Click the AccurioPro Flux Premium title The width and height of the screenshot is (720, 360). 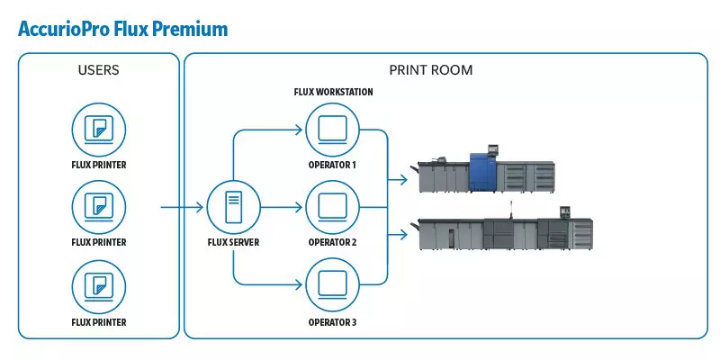click(122, 29)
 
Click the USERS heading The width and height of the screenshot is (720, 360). click(98, 69)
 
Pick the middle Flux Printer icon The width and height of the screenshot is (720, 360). click(98, 208)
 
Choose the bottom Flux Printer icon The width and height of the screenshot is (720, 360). click(98, 285)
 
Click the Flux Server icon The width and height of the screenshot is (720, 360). click(233, 208)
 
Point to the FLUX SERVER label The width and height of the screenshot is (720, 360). click(233, 242)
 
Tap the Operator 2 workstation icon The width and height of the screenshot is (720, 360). click(332, 208)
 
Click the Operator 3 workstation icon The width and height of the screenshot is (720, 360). click(332, 285)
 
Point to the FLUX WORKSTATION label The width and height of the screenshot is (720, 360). click(333, 92)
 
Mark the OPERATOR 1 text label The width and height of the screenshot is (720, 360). click(332, 165)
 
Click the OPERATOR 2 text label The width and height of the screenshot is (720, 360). click(332, 242)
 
